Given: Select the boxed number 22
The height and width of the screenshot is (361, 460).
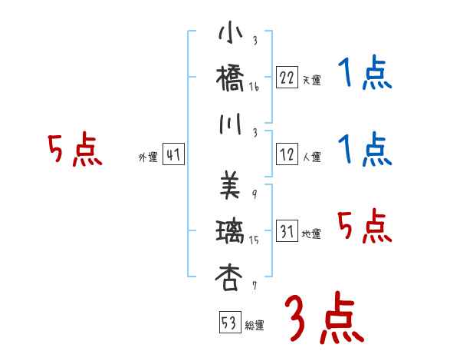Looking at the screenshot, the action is pyautogui.click(x=287, y=77).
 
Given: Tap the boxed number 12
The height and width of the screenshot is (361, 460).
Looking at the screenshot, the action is pyautogui.click(x=287, y=154).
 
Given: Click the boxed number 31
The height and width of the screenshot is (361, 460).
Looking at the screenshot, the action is pyautogui.click(x=287, y=231).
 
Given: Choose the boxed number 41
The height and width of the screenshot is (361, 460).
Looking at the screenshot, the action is pyautogui.click(x=173, y=156).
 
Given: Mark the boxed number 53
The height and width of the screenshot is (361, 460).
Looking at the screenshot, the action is pyautogui.click(x=228, y=323).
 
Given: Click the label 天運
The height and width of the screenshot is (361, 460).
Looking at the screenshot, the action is pyautogui.click(x=311, y=80).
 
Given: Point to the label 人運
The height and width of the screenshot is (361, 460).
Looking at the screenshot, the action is pyautogui.click(x=311, y=157).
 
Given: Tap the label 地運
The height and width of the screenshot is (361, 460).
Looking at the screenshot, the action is pyautogui.click(x=311, y=234).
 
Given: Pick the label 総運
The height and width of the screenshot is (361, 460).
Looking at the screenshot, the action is pyautogui.click(x=255, y=326).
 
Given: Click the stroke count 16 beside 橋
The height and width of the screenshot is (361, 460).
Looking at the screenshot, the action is pyautogui.click(x=254, y=88).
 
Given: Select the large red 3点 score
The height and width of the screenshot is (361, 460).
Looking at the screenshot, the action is pyautogui.click(x=324, y=318).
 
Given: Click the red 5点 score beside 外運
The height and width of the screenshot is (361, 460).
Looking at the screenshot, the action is pyautogui.click(x=74, y=151).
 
